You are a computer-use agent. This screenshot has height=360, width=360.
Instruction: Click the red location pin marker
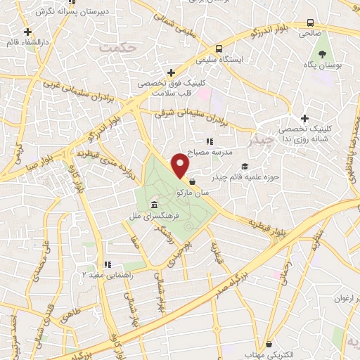(181, 164)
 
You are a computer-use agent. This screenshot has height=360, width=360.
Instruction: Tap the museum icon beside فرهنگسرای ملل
(153, 205)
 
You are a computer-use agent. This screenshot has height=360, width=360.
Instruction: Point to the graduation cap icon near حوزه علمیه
(245, 167)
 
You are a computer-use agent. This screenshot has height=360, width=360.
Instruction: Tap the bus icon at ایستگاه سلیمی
(220, 49)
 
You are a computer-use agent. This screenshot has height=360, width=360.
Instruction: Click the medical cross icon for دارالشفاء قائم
(27, 32)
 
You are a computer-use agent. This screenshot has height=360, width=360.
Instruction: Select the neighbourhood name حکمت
(117, 48)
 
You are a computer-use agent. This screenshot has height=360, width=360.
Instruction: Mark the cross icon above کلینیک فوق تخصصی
(170, 72)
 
